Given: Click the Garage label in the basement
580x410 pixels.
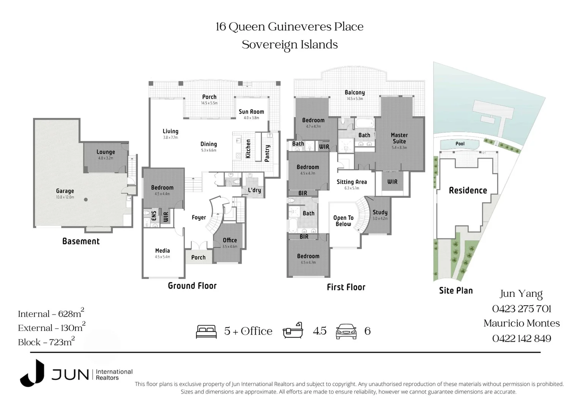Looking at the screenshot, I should pyautogui.click(x=65, y=191).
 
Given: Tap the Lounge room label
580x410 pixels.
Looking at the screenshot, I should pyautogui.click(x=106, y=152).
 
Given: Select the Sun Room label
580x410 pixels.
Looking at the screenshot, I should pyautogui.click(x=251, y=112).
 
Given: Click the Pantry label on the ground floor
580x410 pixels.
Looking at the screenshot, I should pyautogui.click(x=267, y=153).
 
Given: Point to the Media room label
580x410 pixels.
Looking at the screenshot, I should pyautogui.click(x=162, y=251).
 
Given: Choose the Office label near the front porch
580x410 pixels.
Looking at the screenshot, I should pyautogui.click(x=230, y=240).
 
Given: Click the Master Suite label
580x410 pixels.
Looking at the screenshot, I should pyautogui.click(x=399, y=138).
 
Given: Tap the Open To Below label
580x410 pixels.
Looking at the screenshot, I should pyautogui.click(x=343, y=221).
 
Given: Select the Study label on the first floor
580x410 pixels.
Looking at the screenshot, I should pyautogui.click(x=380, y=212).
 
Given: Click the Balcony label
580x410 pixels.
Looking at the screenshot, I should pyautogui.click(x=355, y=92).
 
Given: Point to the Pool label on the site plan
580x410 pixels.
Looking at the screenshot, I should pyautogui.click(x=460, y=143).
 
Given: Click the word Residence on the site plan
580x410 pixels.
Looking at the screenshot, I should pyautogui.click(x=468, y=191).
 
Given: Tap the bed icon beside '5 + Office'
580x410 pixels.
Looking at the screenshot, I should pyautogui.click(x=206, y=331).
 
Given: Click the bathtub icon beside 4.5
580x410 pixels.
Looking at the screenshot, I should pyautogui.click(x=293, y=331).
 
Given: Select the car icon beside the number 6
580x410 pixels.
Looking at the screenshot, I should pyautogui.click(x=346, y=331).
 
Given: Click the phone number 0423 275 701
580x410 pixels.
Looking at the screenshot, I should pyautogui.click(x=522, y=309).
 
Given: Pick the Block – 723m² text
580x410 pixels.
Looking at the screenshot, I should pyautogui.click(x=46, y=342).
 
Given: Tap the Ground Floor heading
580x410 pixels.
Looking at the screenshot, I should pyautogui.click(x=192, y=286).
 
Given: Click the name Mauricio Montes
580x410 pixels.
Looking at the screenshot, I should pyautogui.click(x=522, y=323).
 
